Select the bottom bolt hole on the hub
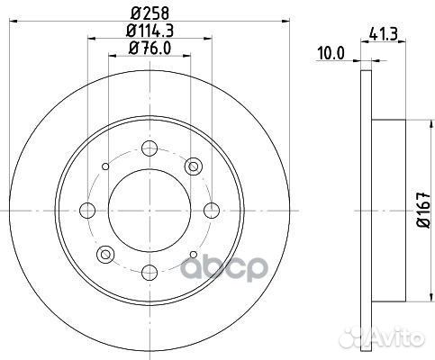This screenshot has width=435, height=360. (x=150, y=272)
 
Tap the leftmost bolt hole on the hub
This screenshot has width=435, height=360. (x=87, y=210)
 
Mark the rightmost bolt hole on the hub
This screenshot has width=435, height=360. (x=212, y=210)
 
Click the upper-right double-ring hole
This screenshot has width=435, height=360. (x=193, y=166)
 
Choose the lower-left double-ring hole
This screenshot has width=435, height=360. (x=106, y=253)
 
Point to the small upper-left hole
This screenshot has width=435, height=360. (x=105, y=166)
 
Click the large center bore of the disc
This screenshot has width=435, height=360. (x=150, y=210)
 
